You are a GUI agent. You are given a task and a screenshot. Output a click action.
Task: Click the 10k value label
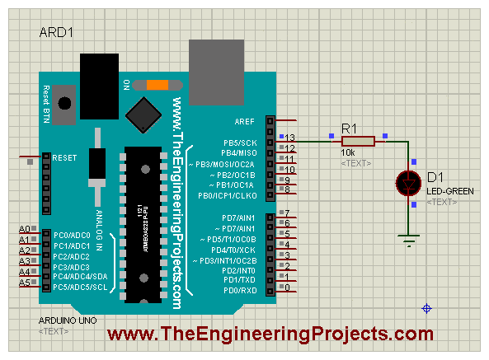tap(349, 153)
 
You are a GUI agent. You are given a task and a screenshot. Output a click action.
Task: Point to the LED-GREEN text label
tap(450, 191)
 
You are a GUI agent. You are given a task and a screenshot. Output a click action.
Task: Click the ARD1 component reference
tap(56, 32)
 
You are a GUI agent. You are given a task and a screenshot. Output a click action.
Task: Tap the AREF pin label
tap(246, 120)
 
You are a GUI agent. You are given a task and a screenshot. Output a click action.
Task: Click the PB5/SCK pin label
tap(239, 142)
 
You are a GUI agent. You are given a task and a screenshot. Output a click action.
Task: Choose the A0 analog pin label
tap(25, 228)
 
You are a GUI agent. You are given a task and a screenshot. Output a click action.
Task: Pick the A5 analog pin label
tap(25, 283)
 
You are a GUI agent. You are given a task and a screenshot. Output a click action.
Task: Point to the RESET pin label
tap(64, 157)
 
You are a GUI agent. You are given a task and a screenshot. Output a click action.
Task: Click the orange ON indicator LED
tap(157, 84)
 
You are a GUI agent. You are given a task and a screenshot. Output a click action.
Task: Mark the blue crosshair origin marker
tap(427, 308)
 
